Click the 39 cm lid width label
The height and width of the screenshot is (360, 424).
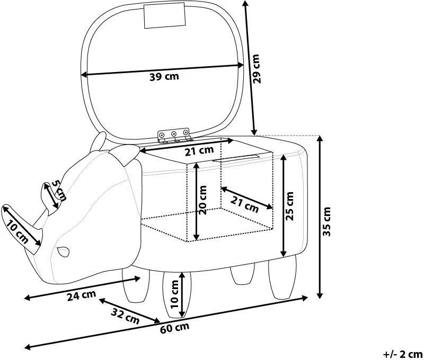[164, 77]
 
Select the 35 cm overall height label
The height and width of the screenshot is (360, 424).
[326, 221]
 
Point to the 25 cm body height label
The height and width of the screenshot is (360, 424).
[289, 206]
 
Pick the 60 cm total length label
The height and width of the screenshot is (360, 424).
[175, 328]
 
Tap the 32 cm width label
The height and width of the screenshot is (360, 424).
[125, 316]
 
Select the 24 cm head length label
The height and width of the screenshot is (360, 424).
[82, 295]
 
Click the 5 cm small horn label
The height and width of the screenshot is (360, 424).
[59, 190]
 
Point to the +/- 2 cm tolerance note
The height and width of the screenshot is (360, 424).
[403, 354]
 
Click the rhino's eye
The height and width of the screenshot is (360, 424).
[63, 251]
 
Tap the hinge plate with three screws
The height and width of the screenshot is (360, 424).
[174, 134]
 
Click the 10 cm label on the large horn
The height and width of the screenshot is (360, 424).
[17, 232]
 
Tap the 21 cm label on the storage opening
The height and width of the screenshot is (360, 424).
[199, 150]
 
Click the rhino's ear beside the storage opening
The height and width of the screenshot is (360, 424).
[126, 154]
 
